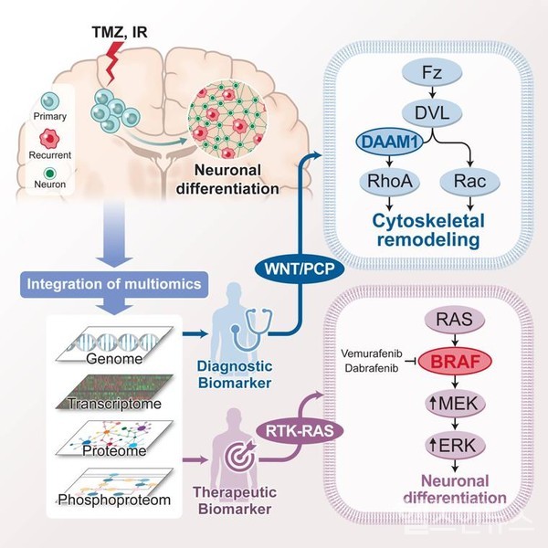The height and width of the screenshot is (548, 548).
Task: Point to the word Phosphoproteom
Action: pos(115,499)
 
